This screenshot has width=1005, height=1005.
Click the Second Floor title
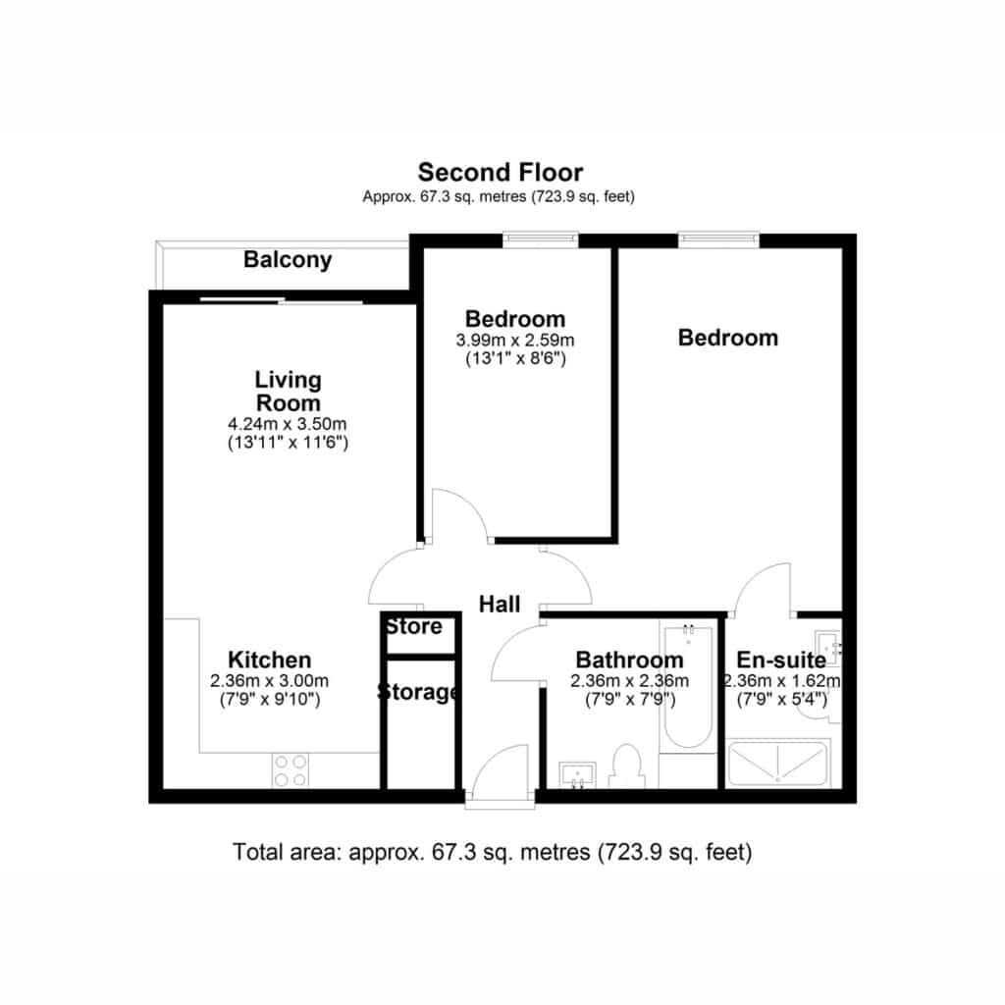500,173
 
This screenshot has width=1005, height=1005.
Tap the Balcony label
288,259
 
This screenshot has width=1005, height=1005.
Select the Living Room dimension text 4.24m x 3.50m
288,424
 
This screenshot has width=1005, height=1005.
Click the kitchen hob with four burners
291,769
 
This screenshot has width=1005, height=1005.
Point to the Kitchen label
270,660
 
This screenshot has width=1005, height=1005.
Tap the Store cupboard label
415,626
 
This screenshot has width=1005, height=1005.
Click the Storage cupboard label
418,692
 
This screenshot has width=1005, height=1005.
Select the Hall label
500,604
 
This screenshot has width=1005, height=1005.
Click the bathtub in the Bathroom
688,687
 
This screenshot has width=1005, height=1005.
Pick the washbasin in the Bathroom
577,774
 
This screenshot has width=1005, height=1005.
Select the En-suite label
781,660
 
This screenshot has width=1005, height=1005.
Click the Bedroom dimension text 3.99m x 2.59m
515,340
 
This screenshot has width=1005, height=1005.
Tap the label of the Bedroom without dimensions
728,338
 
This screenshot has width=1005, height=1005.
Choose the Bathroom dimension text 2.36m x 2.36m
630,680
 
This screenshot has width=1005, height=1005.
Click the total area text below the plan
493,853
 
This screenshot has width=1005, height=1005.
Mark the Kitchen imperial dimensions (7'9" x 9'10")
270,699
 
